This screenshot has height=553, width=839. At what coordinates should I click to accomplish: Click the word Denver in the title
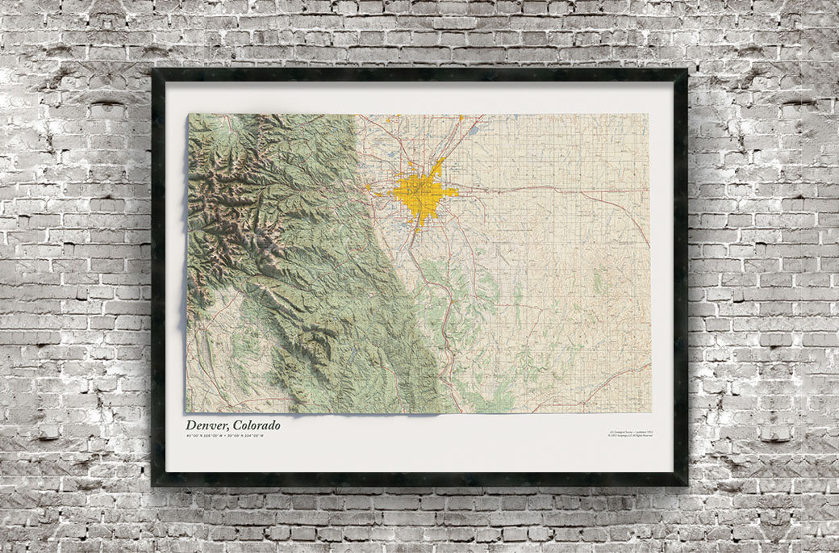point(206,425)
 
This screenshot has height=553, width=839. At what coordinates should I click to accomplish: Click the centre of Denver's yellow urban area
point(421,198)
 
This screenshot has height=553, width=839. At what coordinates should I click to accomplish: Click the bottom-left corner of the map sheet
point(186,412)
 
